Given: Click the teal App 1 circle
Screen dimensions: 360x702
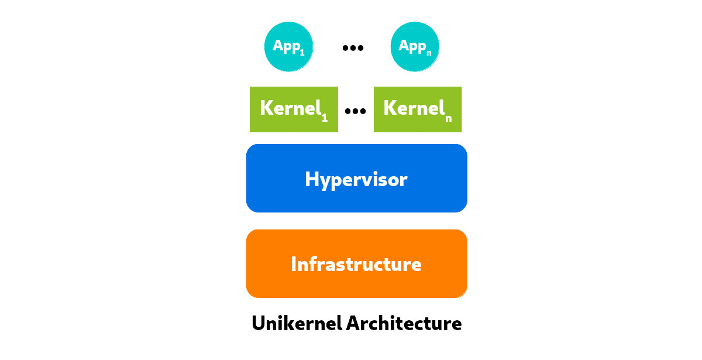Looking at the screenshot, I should pos(288,47).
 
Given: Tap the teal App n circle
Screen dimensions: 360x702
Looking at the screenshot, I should pos(415,47).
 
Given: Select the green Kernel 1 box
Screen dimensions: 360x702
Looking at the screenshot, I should pos(294,109).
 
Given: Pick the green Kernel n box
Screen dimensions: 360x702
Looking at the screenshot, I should pos(418,109).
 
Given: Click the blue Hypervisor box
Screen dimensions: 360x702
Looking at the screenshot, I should pos(356,178).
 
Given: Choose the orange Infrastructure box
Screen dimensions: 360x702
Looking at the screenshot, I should pos(356,263).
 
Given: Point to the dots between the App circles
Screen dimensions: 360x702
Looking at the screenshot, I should pos(353,48).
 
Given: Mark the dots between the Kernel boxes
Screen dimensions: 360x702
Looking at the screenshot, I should pos(355,111).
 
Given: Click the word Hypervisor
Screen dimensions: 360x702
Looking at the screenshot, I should pos(356,179).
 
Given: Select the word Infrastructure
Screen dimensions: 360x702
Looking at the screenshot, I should pos(356,264).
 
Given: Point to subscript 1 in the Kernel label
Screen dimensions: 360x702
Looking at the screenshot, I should pos(325,118).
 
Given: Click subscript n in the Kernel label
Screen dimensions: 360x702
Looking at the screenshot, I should pos(448,118).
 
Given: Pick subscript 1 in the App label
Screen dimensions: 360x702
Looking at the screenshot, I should pos(302,53).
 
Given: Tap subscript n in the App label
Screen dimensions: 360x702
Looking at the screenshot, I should pos(428,53).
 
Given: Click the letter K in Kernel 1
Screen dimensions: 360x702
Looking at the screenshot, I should pos(266,108).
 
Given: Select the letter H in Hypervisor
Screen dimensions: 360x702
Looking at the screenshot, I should pos(312,179).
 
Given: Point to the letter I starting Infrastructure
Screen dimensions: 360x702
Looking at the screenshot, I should pos(294,264).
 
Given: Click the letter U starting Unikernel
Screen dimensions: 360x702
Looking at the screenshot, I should pos(259,323).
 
